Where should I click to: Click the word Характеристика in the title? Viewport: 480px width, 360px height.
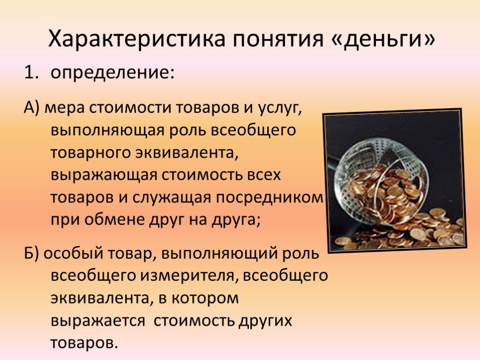click(137, 38)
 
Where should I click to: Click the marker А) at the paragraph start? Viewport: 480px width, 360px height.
click(31, 108)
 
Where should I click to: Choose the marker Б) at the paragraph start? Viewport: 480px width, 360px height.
click(31, 254)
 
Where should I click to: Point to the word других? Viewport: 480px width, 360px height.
click(265, 321)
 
